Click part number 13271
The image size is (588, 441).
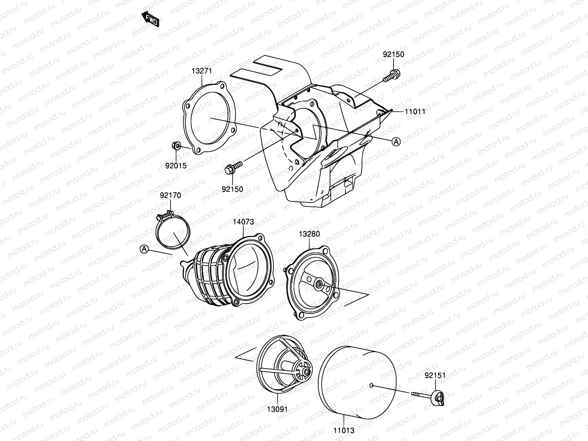[202, 71]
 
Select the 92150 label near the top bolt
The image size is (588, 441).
[393, 54]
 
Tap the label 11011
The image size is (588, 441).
[415, 112]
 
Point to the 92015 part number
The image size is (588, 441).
[176, 166]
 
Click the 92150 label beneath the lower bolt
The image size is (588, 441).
[232, 189]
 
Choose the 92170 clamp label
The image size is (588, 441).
[170, 196]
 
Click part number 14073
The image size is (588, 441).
[243, 222]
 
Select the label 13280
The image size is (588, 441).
[309, 234]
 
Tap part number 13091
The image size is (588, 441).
[277, 409]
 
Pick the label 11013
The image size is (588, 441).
[344, 430]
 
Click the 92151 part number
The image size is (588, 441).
[435, 376]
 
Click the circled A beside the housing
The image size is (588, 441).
[396, 141]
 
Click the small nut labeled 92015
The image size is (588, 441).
[176, 146]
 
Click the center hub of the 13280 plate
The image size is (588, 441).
[318, 284]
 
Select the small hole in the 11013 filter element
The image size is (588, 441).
[372, 385]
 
